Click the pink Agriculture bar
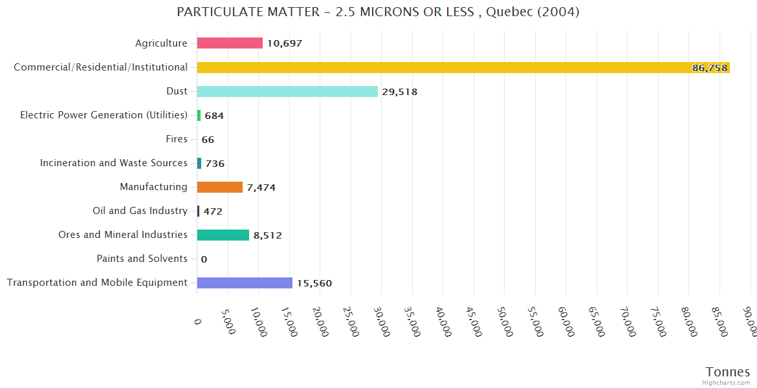[230, 43]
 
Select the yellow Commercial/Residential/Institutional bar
[463, 67]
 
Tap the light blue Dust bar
[287, 91]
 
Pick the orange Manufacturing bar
[220, 187]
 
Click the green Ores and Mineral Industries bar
[223, 235]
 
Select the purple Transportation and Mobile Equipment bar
[245, 283]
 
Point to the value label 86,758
[709, 68]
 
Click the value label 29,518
[400, 92]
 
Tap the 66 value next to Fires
[208, 140]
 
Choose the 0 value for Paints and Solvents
[204, 259]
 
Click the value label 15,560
[314, 283]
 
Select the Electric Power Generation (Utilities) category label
[104, 115]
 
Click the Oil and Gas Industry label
[140, 211]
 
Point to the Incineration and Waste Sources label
[114, 163]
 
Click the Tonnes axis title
[728, 372]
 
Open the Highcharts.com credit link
[726, 383]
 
